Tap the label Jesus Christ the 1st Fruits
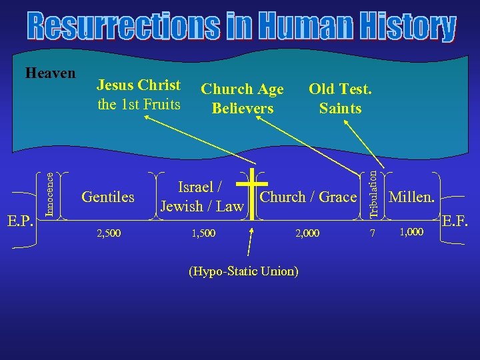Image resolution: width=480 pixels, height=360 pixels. [x=139, y=95]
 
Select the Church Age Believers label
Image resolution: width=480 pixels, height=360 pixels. [x=242, y=98]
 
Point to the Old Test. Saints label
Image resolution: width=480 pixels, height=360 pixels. [x=340, y=98]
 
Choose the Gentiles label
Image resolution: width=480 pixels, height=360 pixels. [x=107, y=197]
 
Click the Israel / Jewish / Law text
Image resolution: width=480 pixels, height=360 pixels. [x=202, y=197]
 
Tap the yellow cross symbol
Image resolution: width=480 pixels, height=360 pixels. [x=252, y=193]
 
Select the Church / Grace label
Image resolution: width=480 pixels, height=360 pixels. [x=308, y=197]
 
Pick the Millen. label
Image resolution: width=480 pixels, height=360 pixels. [x=411, y=197]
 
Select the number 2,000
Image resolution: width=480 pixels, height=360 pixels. [x=307, y=233]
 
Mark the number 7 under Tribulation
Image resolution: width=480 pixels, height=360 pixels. [x=373, y=233]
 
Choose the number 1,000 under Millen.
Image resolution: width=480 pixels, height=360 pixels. [x=411, y=232]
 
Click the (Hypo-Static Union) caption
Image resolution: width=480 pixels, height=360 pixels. [x=243, y=271]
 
